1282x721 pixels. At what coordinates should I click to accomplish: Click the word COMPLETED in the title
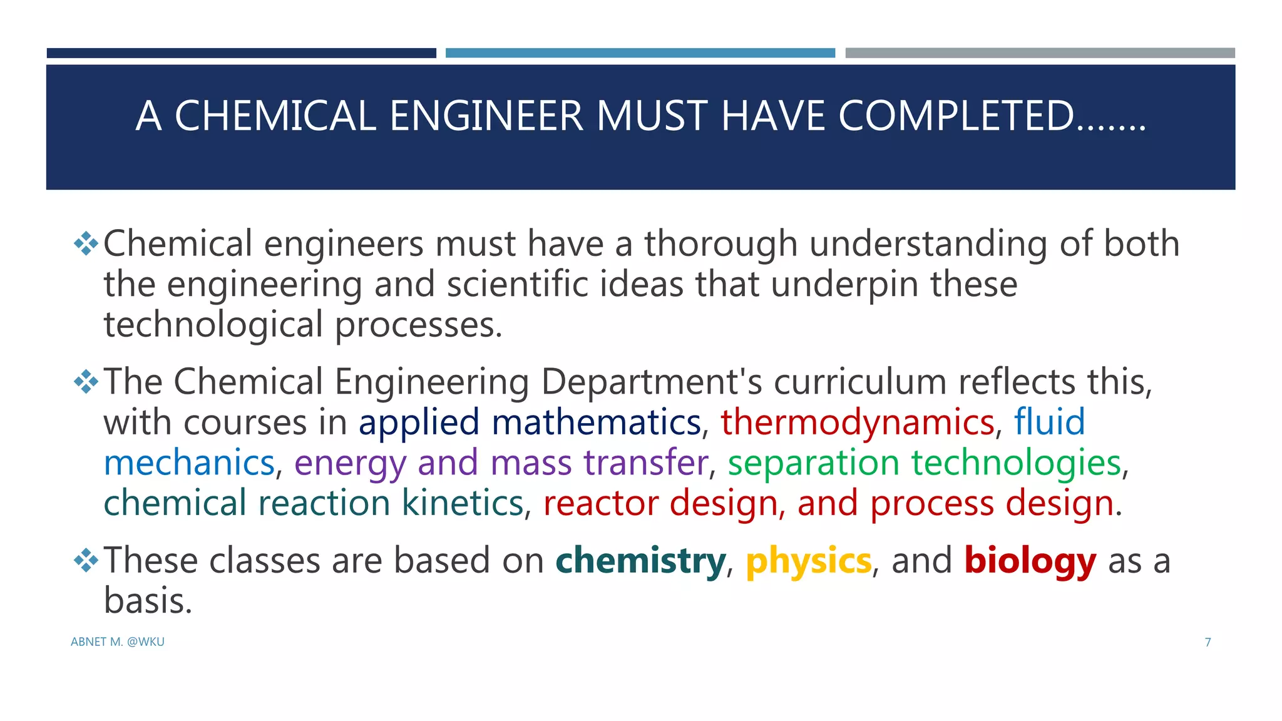click(x=956, y=116)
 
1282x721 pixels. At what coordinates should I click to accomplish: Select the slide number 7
click(x=1208, y=642)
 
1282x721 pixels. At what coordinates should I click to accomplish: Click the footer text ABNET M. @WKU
click(x=118, y=642)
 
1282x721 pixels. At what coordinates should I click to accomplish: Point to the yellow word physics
click(x=808, y=561)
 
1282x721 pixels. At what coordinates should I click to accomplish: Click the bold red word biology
click(x=1030, y=561)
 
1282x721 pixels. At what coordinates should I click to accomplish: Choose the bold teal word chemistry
click(x=640, y=561)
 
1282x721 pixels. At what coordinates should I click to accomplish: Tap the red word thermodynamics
click(x=857, y=422)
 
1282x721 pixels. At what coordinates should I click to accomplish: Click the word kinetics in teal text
click(x=462, y=503)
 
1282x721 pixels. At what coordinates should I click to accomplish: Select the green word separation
click(x=813, y=464)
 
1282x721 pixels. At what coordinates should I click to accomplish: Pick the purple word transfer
click(x=645, y=463)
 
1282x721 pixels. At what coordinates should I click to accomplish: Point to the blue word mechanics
click(x=189, y=463)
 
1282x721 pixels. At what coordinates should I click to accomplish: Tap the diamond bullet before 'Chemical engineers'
click(x=86, y=243)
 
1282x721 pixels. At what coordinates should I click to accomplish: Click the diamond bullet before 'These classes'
click(x=86, y=560)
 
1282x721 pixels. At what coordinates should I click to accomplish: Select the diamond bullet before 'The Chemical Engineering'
click(x=86, y=382)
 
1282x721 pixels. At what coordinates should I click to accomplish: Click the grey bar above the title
click(x=1040, y=53)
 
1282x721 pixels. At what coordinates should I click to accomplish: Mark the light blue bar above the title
click(x=640, y=53)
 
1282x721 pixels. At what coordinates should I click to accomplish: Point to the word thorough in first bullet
click(x=720, y=243)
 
